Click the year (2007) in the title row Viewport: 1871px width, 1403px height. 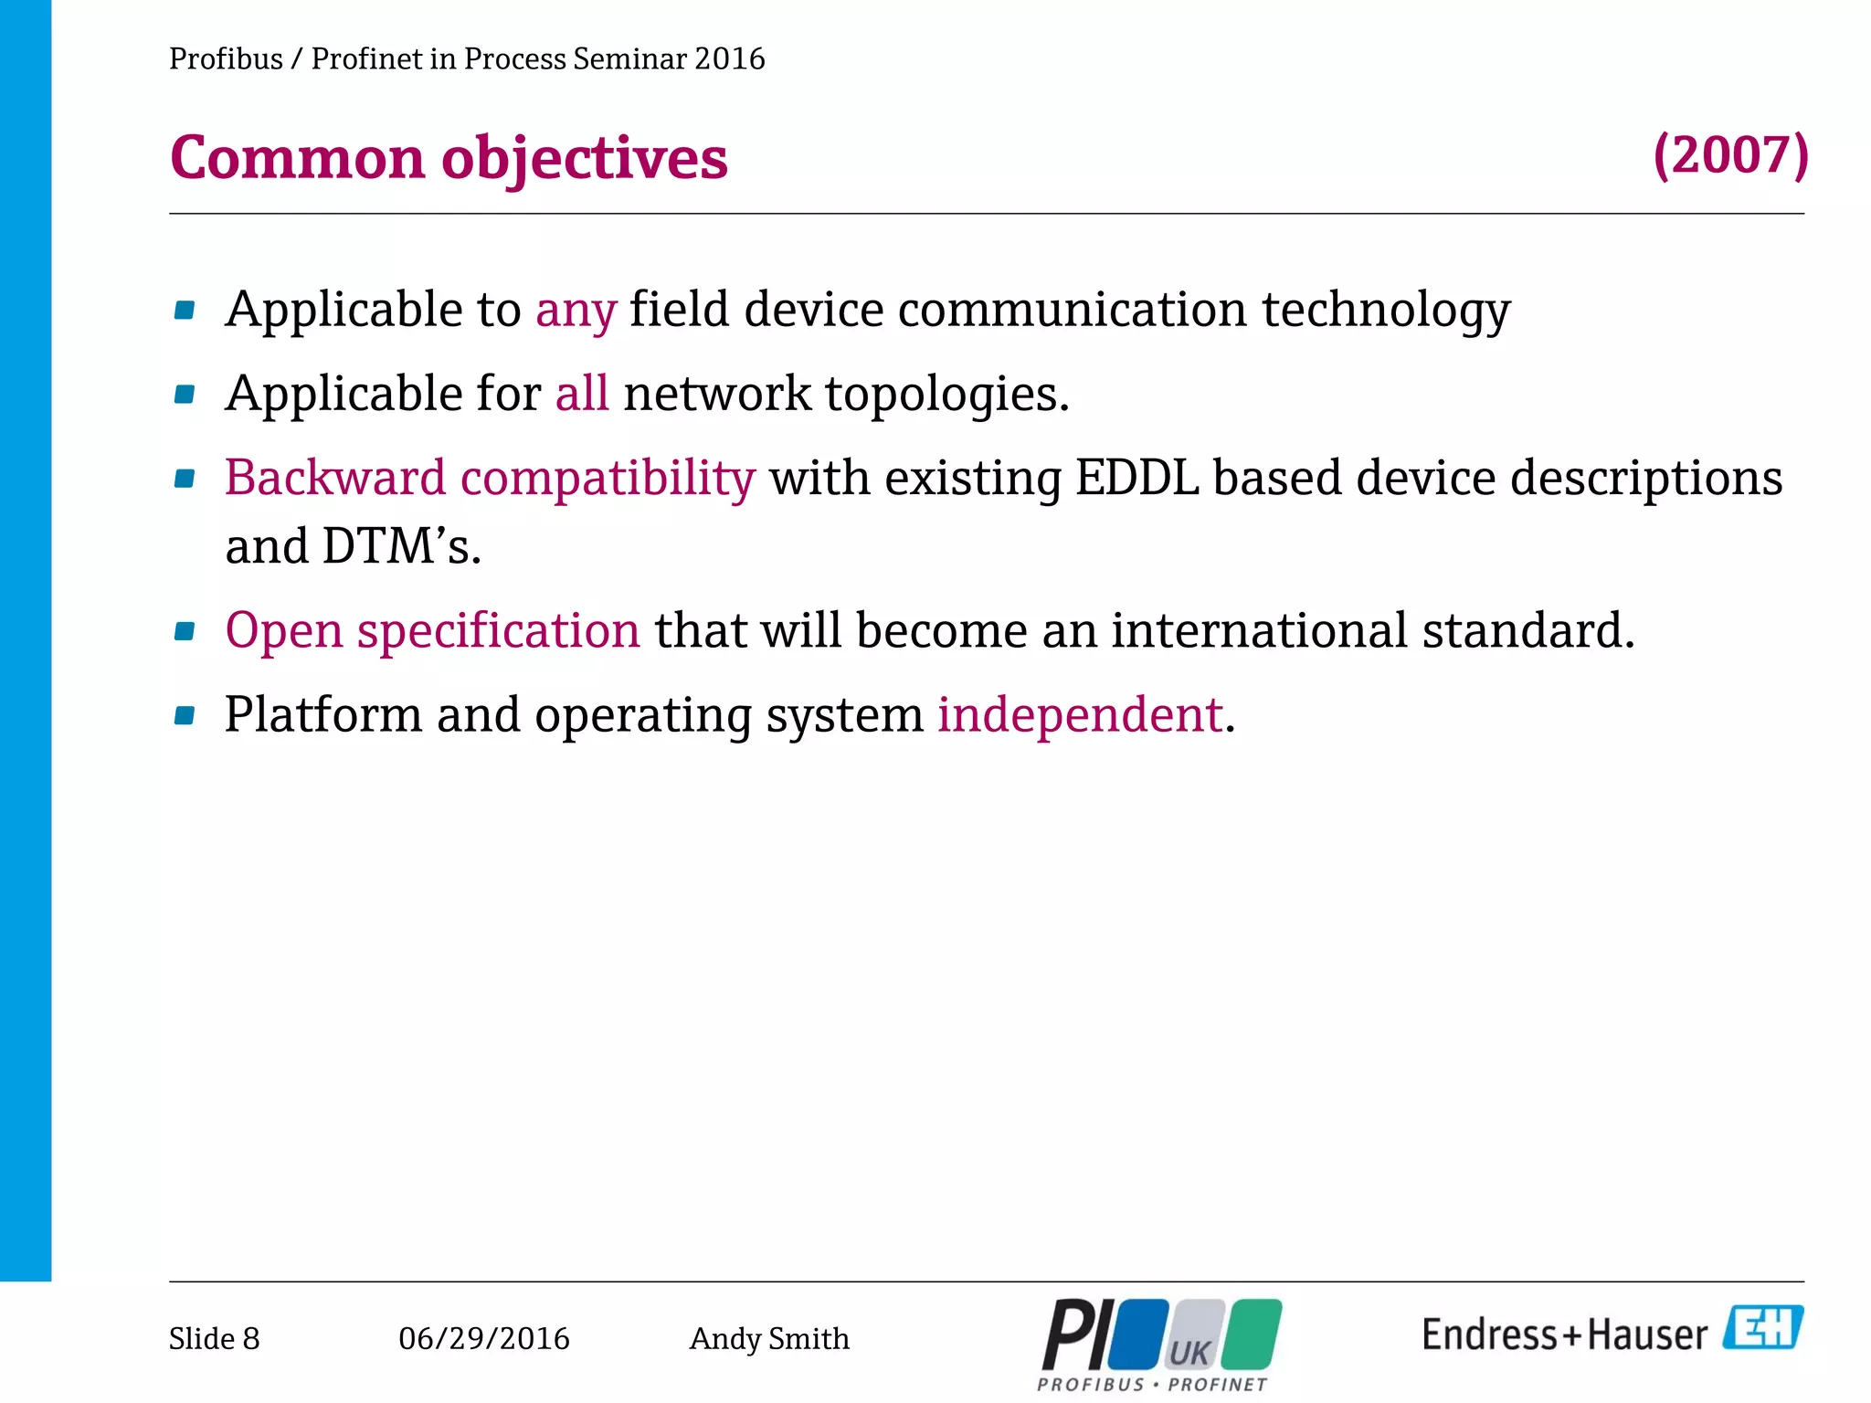1730,155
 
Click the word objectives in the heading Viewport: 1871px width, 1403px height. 585,159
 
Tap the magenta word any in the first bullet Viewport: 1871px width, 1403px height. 576,311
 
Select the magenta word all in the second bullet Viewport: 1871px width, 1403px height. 582,394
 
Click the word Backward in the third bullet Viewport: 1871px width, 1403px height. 335,478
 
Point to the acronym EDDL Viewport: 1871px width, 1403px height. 1136,478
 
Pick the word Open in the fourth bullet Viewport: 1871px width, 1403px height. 283,630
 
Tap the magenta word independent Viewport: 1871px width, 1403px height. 1080,714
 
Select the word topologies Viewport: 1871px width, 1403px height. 946,394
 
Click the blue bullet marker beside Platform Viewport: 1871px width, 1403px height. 185,715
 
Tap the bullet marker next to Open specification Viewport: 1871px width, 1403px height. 185,631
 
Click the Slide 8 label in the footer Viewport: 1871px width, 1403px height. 214,1338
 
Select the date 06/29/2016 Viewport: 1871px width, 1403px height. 483,1338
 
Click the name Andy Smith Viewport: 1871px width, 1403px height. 768,1338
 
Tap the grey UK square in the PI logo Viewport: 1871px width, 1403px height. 1192,1336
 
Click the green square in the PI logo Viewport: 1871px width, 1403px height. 1252,1334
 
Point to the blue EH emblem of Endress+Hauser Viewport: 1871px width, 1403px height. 1762,1327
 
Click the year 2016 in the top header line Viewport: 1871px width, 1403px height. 729,58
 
